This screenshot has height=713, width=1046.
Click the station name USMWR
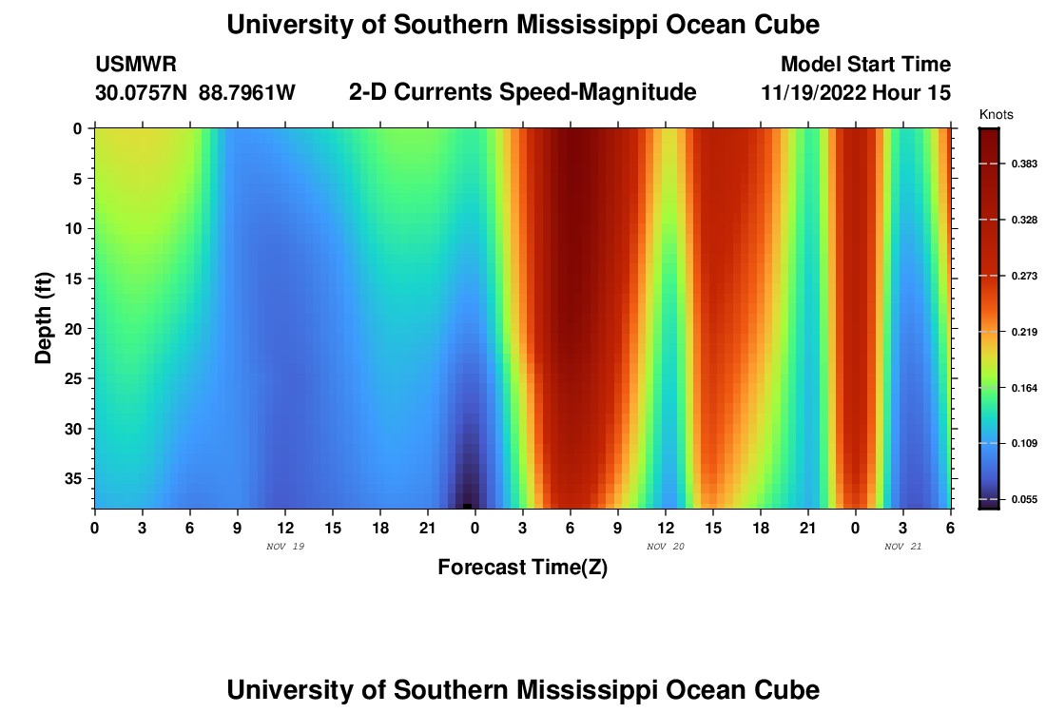point(135,65)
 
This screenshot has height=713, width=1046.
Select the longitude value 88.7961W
point(247,93)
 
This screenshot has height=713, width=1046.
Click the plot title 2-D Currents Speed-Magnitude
point(523,92)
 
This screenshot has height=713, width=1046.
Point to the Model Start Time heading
point(865,65)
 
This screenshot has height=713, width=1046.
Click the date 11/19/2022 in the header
point(818,93)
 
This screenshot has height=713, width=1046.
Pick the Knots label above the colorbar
point(997,115)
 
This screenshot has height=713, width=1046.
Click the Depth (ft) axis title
point(44,318)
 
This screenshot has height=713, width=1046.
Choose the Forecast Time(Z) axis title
point(522,568)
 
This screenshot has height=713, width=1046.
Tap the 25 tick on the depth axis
point(78,378)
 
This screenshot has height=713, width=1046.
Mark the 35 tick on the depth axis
point(78,478)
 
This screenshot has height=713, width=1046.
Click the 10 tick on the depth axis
point(78,228)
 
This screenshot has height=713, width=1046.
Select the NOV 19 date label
point(285,547)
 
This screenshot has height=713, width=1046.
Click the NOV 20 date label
point(666,547)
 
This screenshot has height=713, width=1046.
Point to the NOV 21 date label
point(903,547)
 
